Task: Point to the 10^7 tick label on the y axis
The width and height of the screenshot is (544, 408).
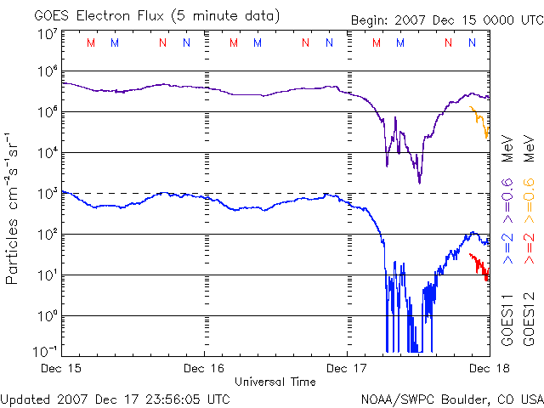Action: click(48, 34)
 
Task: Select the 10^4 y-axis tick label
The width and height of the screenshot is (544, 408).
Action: click(48, 153)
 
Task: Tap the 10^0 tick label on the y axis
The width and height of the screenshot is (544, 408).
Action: click(48, 315)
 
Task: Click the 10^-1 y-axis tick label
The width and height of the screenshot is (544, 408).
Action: click(48, 350)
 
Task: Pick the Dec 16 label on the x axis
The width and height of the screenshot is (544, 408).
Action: click(205, 368)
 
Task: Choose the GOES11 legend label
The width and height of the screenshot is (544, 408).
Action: click(507, 320)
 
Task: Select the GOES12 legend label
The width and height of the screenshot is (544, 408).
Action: click(528, 320)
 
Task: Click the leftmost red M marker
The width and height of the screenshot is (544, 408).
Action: click(91, 42)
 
